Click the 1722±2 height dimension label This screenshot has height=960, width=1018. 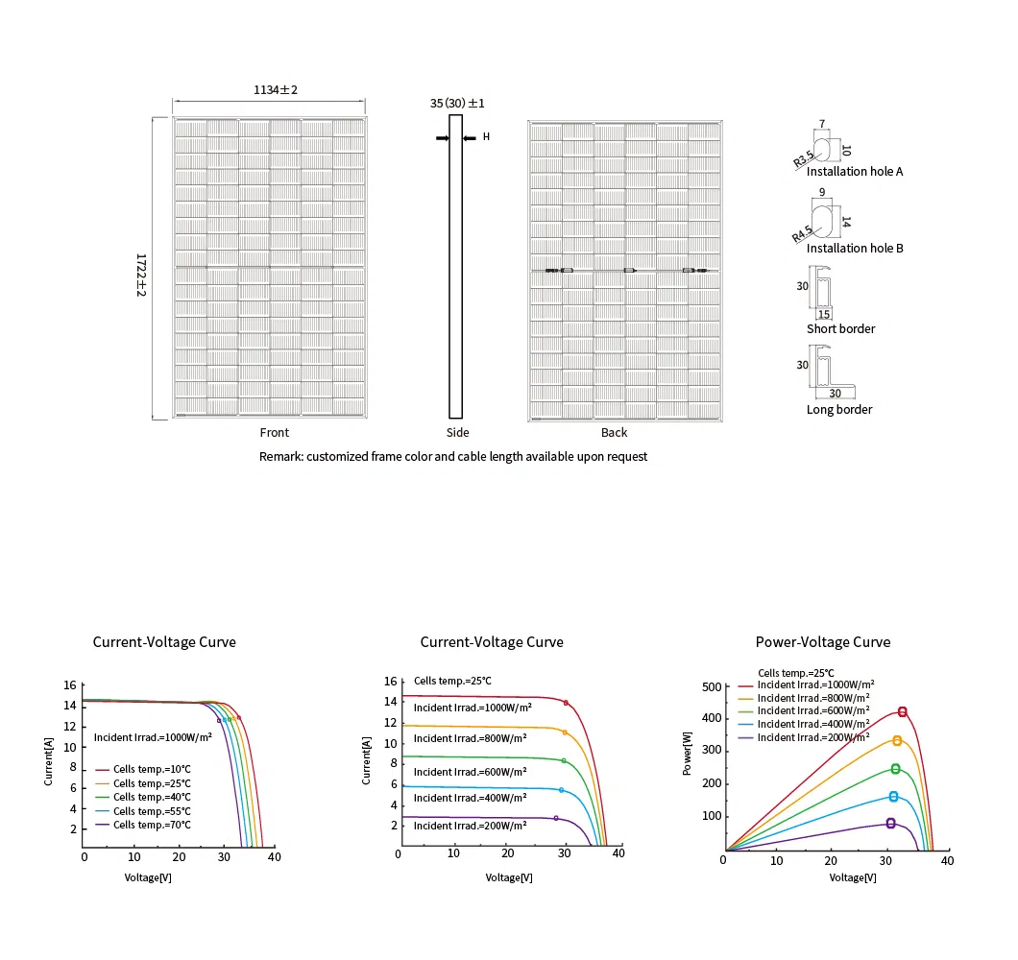point(141,275)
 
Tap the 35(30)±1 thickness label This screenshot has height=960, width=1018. point(457,103)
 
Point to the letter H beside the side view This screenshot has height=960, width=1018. point(486,137)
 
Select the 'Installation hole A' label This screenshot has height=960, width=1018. point(855,172)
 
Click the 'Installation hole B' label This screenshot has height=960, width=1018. point(855,249)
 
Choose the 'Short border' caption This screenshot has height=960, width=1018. point(840,329)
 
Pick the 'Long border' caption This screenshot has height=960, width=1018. point(839,410)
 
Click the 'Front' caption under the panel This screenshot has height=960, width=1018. point(275,433)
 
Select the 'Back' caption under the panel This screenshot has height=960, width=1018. point(615,433)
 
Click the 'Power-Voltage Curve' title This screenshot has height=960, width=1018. point(823,642)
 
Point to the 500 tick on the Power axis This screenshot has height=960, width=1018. point(711,687)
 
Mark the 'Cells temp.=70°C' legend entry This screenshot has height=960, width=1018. point(152,825)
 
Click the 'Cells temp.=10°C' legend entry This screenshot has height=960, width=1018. point(152,770)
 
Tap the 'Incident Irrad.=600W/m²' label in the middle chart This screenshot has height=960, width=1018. point(470,772)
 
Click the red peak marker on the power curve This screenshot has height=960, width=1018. point(903,712)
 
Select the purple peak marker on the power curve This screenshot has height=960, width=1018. point(890,823)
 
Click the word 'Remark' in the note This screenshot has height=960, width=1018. point(280,457)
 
